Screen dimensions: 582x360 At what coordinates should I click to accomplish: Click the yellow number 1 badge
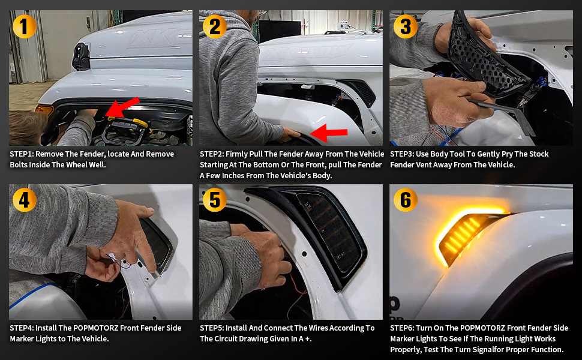24,26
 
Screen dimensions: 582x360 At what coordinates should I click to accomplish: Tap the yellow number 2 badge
215,26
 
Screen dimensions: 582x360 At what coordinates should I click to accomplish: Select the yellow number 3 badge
406,26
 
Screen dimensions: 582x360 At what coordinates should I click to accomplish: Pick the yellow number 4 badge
24,200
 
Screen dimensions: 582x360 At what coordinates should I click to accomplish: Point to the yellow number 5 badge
215,200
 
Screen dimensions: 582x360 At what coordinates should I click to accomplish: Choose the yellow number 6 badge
406,200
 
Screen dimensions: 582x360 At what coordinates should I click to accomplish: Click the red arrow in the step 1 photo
122,107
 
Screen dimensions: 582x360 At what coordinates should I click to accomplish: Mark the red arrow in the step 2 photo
328,133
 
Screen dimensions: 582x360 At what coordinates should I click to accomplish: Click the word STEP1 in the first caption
21,154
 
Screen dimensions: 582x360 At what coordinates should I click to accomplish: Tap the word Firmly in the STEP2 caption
238,154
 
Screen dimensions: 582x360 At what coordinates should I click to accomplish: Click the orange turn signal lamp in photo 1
44,109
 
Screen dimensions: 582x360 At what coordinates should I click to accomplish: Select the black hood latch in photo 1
81,56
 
